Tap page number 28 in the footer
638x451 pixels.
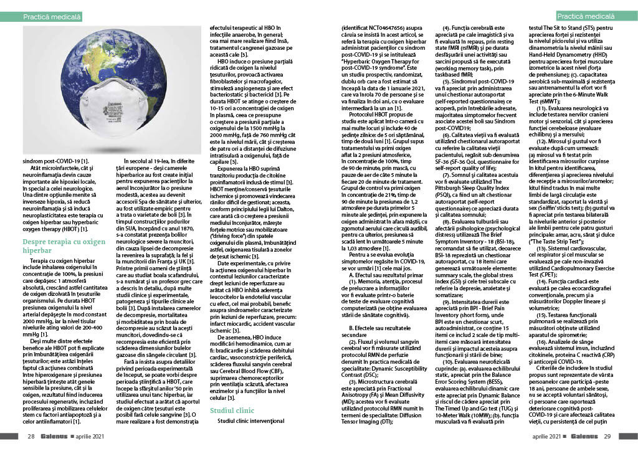(x=31, y=436)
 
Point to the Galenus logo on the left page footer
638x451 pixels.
(x=55, y=436)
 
